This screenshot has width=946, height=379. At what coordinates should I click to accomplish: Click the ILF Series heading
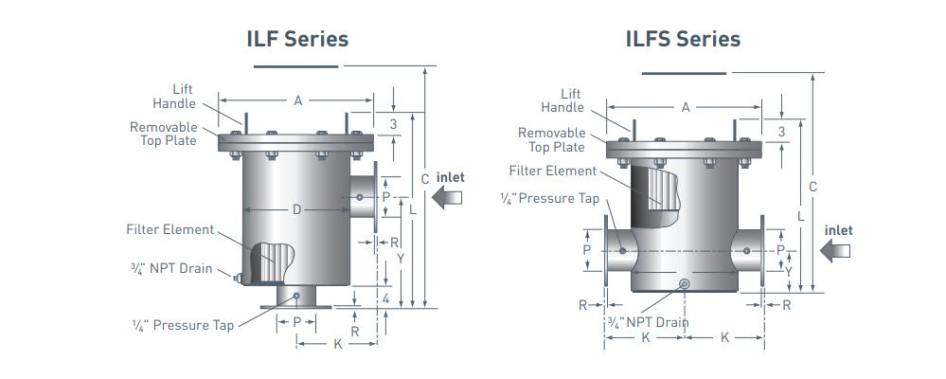[x=296, y=39]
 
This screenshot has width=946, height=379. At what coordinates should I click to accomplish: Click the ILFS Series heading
[x=682, y=39]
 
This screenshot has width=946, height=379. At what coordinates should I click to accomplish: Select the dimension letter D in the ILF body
[x=296, y=208]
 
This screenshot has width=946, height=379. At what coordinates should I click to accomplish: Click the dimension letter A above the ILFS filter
[x=686, y=107]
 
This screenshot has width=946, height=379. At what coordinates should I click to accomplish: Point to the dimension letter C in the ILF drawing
[x=425, y=178]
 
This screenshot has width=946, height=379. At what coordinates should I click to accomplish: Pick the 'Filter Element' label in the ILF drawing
[x=170, y=230]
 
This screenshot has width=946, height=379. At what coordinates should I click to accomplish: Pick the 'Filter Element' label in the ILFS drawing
[x=553, y=171]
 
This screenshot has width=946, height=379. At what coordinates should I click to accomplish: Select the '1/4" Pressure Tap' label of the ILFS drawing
[x=550, y=198]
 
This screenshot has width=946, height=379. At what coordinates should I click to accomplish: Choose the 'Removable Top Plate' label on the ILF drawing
[x=163, y=134]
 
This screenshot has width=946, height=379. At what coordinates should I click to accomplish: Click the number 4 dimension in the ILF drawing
[x=386, y=298]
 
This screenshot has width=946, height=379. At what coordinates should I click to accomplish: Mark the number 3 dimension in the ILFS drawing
[x=781, y=131]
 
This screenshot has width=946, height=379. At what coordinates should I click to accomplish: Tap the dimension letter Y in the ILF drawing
[x=401, y=257]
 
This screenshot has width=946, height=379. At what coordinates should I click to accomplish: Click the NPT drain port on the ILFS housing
[x=684, y=283]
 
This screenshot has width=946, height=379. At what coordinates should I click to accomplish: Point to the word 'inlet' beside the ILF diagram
[x=451, y=177]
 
